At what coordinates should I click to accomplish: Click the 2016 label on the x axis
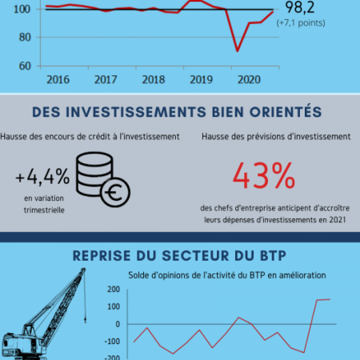[58, 80]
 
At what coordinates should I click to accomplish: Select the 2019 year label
[201, 80]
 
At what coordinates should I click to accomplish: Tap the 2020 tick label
[249, 80]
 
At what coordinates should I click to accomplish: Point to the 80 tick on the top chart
[25, 38]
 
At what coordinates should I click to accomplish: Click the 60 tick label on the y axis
[25, 66]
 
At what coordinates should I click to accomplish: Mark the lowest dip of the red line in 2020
[238, 51]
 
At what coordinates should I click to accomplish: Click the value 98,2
[300, 8]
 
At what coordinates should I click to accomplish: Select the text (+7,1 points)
[301, 23]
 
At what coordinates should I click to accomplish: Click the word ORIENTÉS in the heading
[286, 112]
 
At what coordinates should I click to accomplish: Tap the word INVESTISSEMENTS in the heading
[136, 112]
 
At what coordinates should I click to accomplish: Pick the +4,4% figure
[42, 176]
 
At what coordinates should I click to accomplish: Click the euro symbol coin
[115, 192]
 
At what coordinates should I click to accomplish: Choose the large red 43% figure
[264, 176]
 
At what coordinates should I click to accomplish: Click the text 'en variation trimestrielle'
[44, 204]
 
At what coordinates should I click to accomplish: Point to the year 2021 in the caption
[338, 220]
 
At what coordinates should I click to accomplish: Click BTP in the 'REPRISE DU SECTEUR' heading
[273, 256]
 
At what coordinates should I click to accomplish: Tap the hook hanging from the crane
[86, 319]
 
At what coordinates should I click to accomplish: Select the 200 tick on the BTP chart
[114, 290]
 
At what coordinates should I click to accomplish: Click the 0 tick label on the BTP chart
[118, 324]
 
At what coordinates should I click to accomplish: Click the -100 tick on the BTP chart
[112, 342]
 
